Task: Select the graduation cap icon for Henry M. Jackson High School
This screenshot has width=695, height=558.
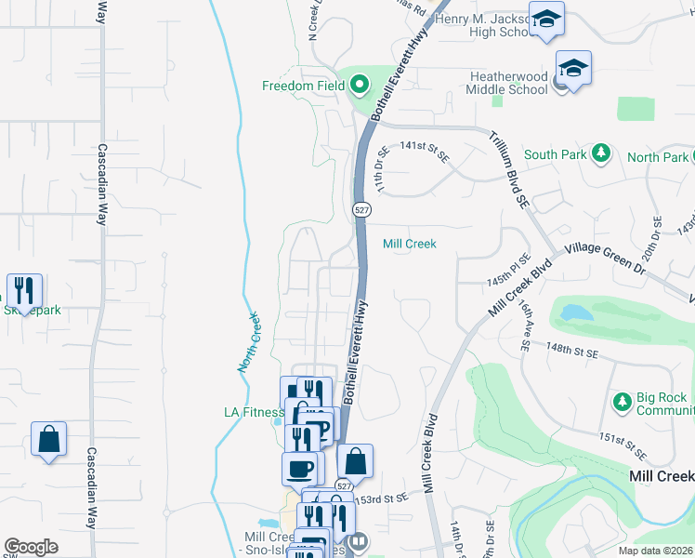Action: [x=546, y=20]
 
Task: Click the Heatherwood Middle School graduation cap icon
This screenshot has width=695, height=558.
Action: [x=573, y=68]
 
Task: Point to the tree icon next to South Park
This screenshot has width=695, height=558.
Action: [x=601, y=152]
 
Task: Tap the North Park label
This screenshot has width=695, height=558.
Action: [x=657, y=157]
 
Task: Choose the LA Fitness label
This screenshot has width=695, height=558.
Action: [x=253, y=412]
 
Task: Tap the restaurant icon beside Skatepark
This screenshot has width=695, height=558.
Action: [x=24, y=289]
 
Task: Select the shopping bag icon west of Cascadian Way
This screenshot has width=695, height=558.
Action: [x=48, y=438]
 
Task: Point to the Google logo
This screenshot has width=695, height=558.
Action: [x=32, y=547]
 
